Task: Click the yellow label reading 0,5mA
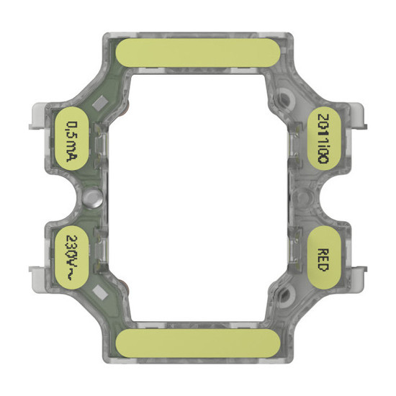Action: [71, 137]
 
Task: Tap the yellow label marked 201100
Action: [325, 137]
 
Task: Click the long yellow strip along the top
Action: [198, 53]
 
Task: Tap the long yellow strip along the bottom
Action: [198, 344]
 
